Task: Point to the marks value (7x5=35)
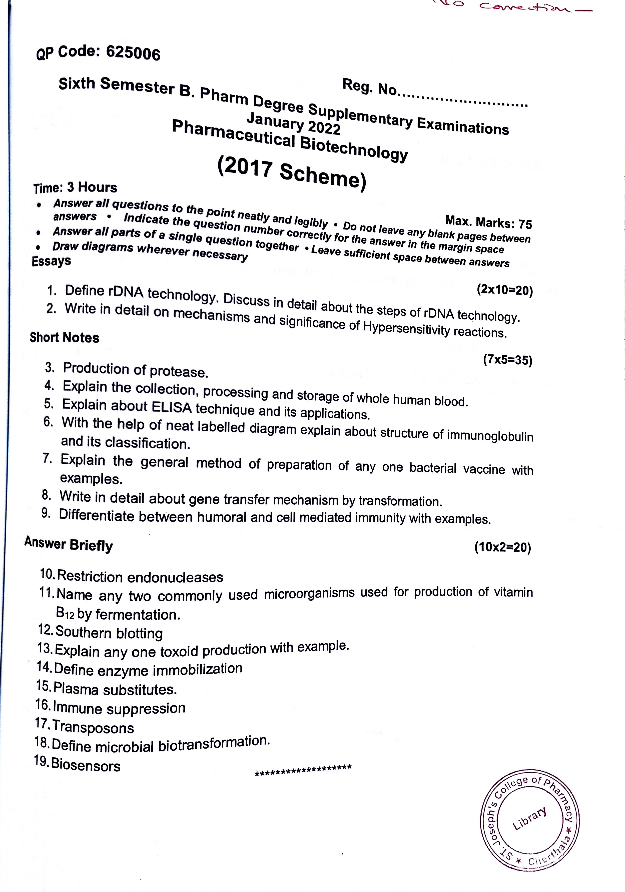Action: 507,360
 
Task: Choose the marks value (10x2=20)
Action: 502,547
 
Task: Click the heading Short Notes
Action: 65,337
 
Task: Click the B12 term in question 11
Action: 65,614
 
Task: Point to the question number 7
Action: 48,459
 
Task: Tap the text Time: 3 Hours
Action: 75,188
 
